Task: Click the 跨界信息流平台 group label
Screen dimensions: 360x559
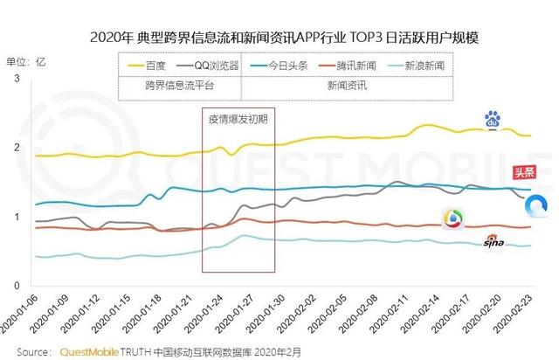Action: pyautogui.click(x=180, y=86)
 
